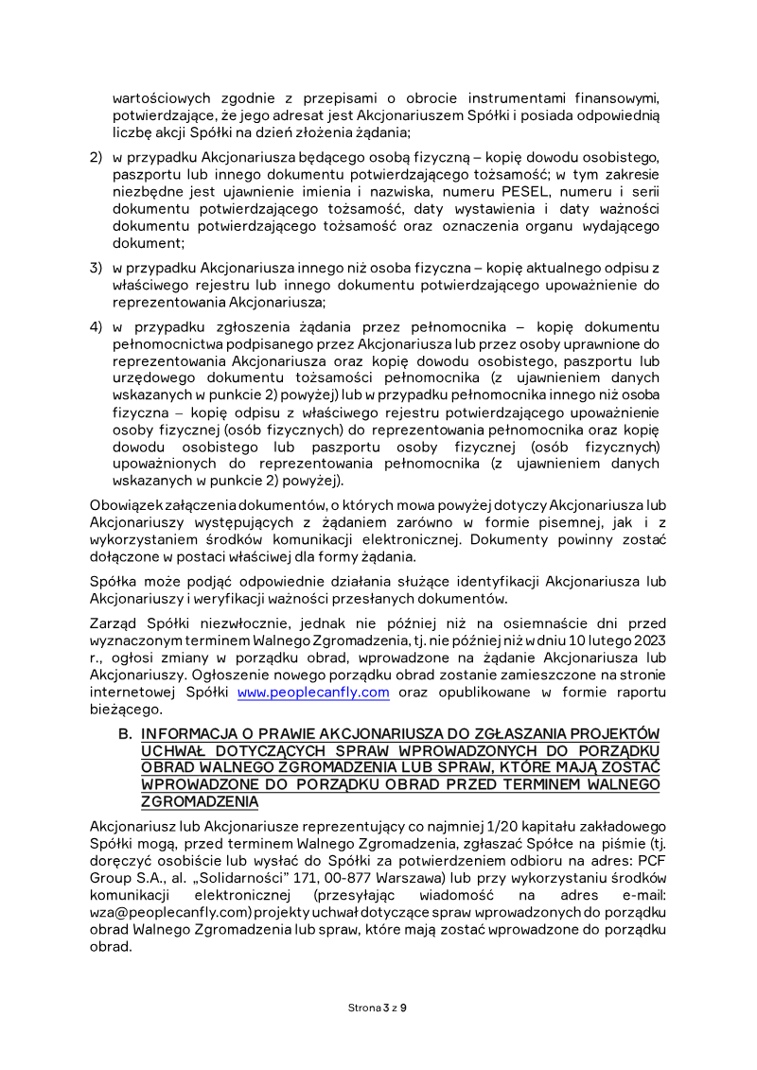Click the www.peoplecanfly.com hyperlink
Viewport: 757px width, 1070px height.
[313, 692]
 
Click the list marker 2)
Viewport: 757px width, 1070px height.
[96, 156]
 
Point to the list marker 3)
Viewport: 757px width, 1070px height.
[96, 268]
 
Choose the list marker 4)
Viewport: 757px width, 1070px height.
[96, 326]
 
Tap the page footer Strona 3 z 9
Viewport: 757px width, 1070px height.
[378, 1007]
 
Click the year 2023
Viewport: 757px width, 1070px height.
[648, 640]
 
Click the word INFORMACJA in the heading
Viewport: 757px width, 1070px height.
[187, 734]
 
